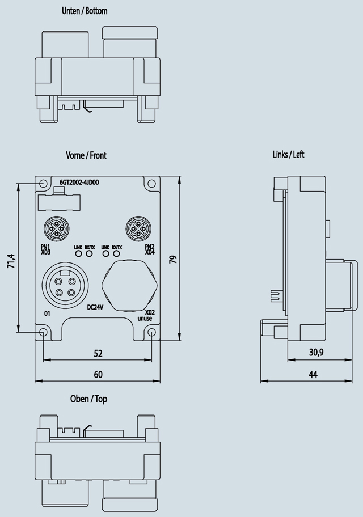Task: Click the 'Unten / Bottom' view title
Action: (84, 11)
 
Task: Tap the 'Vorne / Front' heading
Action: (86, 155)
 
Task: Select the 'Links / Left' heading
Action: (288, 155)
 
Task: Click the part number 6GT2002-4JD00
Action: (79, 183)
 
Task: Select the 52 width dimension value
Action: (98, 353)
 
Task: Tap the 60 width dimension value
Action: (98, 374)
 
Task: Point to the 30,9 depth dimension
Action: (316, 353)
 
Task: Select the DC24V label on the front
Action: (95, 308)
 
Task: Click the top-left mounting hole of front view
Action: (44, 184)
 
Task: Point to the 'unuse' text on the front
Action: (145, 319)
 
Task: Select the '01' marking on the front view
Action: (47, 313)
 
